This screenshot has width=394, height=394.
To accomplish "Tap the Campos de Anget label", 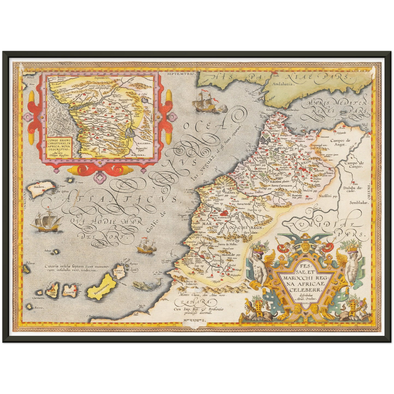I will click(x=340, y=143).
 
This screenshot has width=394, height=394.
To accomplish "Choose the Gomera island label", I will click(x=38, y=298).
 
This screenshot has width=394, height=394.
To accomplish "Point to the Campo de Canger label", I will click(x=354, y=164).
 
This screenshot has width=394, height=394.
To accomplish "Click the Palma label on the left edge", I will click(x=31, y=263).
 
